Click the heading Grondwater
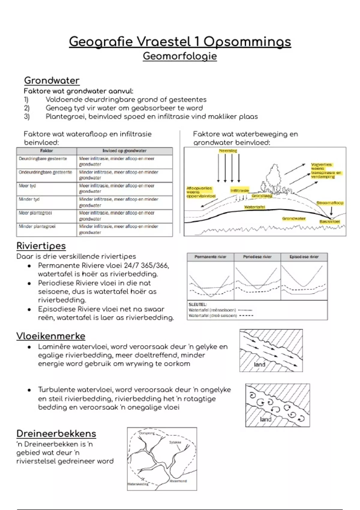52,80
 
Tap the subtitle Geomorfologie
180,56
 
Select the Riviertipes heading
41,246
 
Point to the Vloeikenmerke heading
51,336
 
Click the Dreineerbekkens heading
56,433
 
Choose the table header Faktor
46,151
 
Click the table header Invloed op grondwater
124,151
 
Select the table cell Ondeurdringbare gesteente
45,172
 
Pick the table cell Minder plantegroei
37,226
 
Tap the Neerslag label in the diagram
228,151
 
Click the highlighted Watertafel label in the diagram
254,207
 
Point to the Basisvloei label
329,221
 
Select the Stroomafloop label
330,203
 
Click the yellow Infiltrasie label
240,190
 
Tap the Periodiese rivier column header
257,257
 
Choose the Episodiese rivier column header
304,257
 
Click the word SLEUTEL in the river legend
198,304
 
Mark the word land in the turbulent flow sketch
265,419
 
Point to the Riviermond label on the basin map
178,481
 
